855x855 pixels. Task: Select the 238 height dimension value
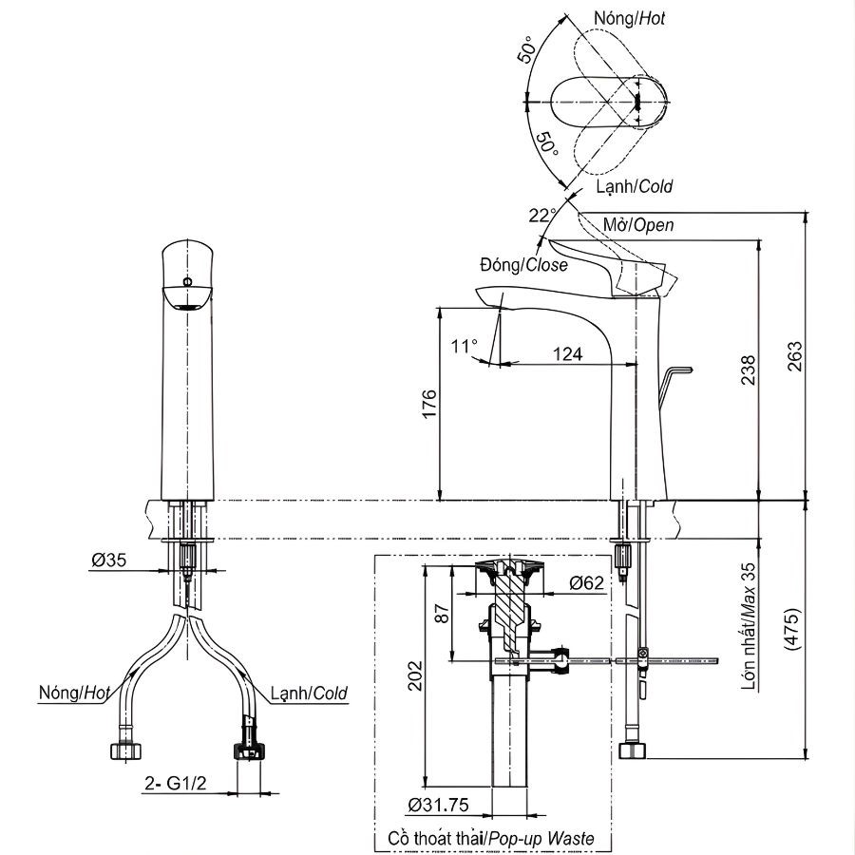coord(749,371)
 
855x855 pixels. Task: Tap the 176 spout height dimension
coord(429,404)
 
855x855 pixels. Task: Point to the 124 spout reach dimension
coord(567,353)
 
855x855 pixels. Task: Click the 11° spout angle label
coord(464,346)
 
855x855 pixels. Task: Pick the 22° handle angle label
coord(541,216)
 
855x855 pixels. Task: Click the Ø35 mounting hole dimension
coord(109,560)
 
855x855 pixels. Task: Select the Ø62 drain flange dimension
coord(586,582)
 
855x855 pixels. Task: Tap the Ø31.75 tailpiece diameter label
coord(438,805)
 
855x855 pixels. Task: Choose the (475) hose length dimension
coord(795,627)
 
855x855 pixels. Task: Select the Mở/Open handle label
coord(638,225)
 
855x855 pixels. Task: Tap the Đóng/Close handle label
coord(523,265)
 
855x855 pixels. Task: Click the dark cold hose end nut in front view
coord(249,750)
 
